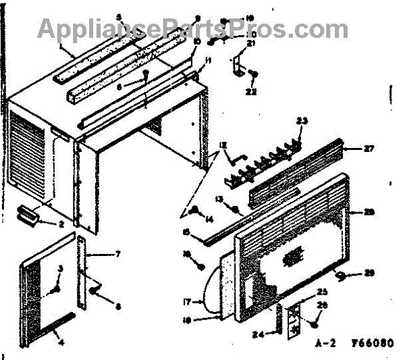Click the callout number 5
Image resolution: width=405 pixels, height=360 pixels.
click(x=119, y=16)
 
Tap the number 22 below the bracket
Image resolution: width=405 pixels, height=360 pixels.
click(x=251, y=92)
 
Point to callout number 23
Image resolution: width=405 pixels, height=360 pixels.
click(x=302, y=121)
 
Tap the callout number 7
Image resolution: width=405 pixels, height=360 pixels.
click(x=117, y=254)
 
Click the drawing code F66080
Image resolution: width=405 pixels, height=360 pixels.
click(x=371, y=343)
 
